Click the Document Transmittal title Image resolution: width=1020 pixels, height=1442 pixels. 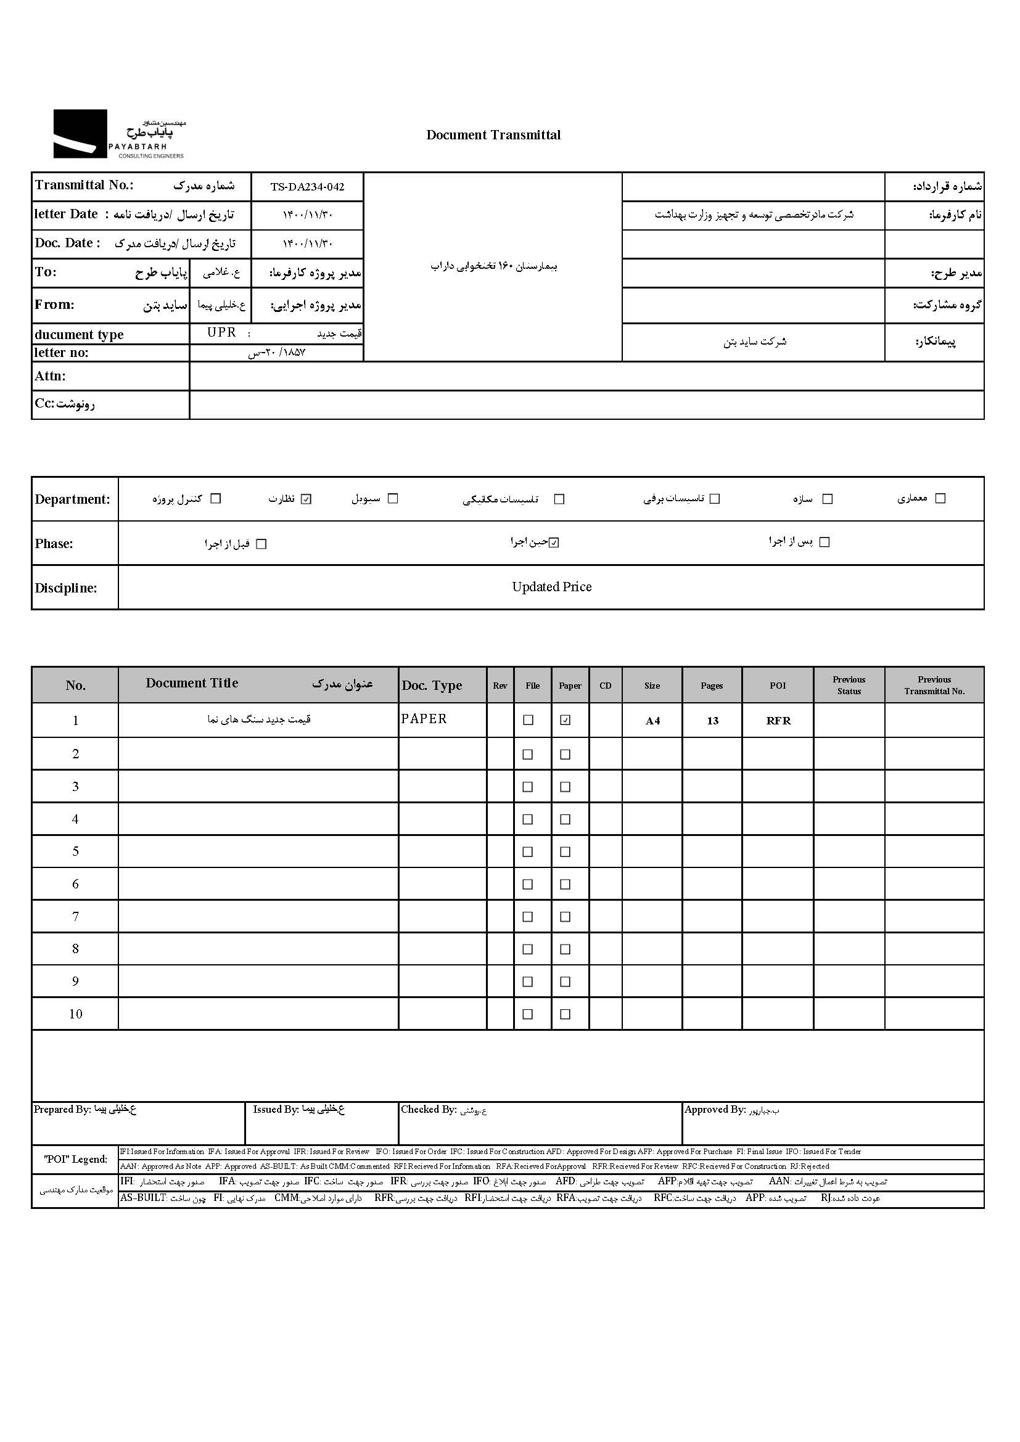click(x=493, y=135)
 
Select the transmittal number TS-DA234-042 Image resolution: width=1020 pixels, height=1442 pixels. click(x=307, y=187)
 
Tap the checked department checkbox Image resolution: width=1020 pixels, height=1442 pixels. click(x=306, y=499)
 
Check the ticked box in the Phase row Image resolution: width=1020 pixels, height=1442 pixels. click(x=553, y=543)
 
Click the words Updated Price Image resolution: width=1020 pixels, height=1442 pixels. click(x=551, y=586)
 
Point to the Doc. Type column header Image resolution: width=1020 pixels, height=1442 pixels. click(x=432, y=685)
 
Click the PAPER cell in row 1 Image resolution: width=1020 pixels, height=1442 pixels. click(x=424, y=718)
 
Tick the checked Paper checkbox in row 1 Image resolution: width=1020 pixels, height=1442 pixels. click(x=566, y=720)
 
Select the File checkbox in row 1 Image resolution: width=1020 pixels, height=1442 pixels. click(x=529, y=720)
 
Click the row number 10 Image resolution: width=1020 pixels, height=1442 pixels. click(x=75, y=1014)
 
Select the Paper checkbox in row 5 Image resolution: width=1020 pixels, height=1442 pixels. click(x=566, y=851)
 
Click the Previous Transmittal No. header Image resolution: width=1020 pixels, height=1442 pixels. click(x=934, y=685)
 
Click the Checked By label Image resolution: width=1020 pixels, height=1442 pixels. click(x=429, y=1110)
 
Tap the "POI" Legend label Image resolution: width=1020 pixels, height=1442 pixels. click(x=75, y=1159)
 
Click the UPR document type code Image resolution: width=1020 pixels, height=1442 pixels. click(x=222, y=333)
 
